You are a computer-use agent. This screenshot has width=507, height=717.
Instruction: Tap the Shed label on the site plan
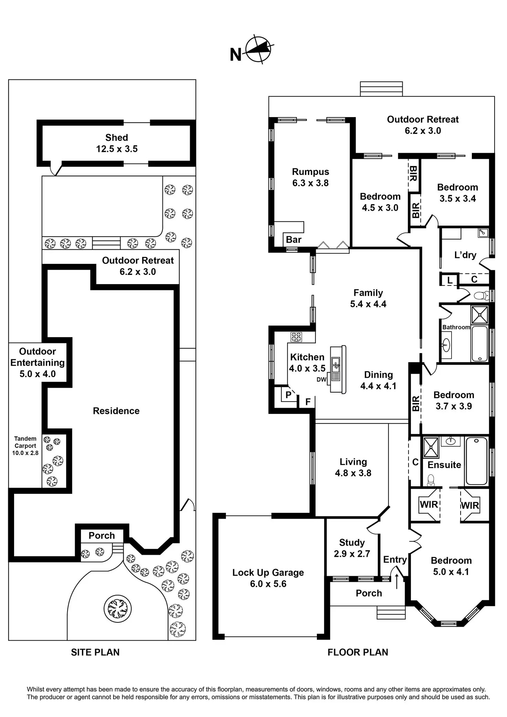pos(117,138)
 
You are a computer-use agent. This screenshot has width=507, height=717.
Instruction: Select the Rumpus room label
pos(310,172)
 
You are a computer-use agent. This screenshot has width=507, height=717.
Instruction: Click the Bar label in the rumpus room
pos(293,240)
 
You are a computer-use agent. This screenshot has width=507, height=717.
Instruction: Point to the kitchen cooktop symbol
pos(296,337)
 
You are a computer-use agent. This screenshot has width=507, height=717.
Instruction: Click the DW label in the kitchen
pos(321,380)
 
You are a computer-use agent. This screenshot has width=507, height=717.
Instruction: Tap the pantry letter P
pos(289,395)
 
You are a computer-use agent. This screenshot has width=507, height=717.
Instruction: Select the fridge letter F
pos(308,402)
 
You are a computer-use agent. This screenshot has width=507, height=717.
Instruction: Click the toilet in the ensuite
pos(431,480)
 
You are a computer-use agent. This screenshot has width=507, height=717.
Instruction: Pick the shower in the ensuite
pos(431,448)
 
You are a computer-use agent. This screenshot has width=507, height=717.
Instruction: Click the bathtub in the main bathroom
pos(479,343)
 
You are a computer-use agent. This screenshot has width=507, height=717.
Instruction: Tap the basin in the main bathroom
pos(446,345)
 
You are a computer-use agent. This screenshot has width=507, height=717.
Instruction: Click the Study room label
pos(352,543)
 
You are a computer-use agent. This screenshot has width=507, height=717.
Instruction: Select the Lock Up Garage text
pos(268,573)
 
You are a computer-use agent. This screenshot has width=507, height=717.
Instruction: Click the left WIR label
pos(429,505)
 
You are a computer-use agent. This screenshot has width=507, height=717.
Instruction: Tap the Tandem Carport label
pos(25,446)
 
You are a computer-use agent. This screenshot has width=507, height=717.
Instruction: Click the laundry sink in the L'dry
pos(483,233)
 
